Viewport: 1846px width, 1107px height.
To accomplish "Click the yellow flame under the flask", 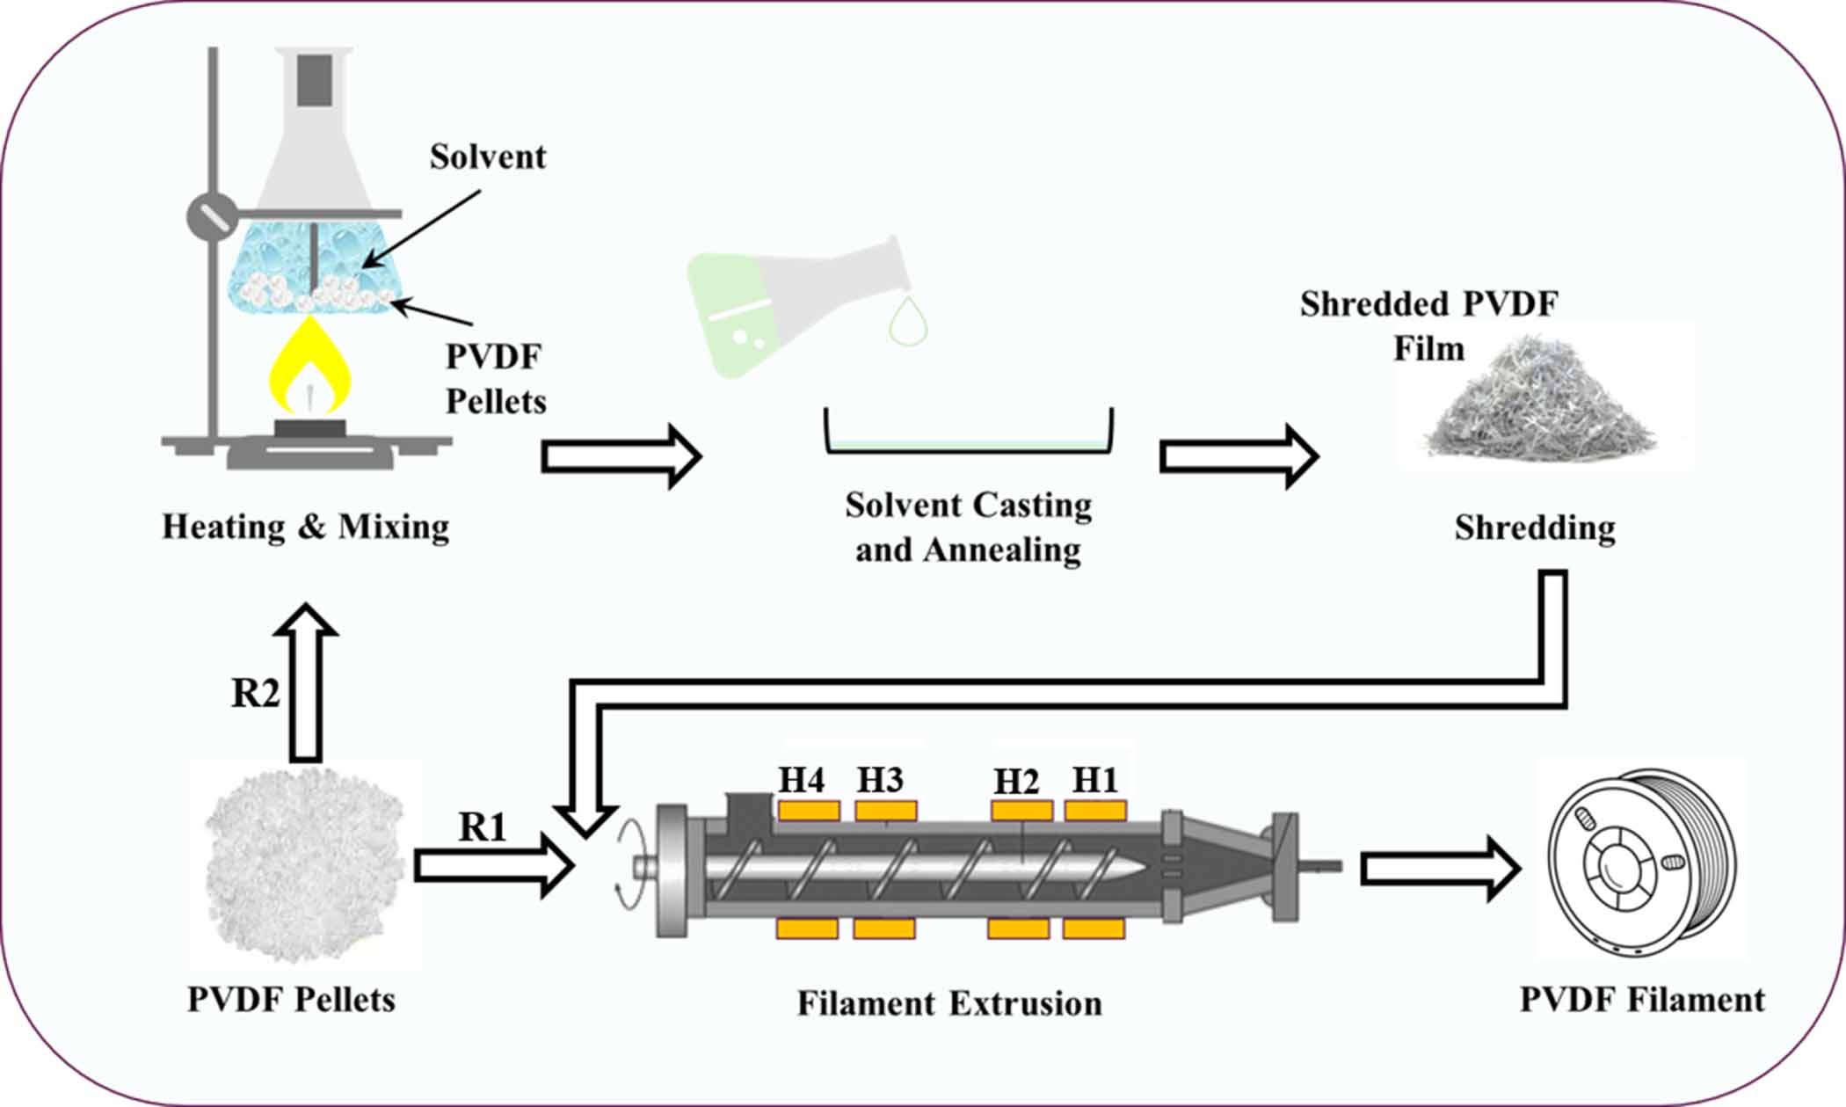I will pyautogui.click(x=309, y=369).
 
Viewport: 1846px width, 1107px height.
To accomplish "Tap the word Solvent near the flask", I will pyautogui.click(x=488, y=157).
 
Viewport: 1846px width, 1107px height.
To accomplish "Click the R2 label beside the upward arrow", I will pyautogui.click(x=255, y=694).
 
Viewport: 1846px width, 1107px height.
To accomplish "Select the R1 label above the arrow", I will pyautogui.click(x=483, y=827).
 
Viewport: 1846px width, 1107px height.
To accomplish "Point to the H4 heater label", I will pyautogui.click(x=802, y=780).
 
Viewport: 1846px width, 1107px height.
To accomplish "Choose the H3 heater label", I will pyautogui.click(x=880, y=780).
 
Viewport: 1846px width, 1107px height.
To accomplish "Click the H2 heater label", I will pyautogui.click(x=1016, y=782).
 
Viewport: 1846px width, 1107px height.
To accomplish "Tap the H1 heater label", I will pyautogui.click(x=1094, y=780).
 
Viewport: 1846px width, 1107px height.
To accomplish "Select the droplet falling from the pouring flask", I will pyautogui.click(x=908, y=323).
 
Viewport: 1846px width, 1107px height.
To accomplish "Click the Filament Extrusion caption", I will pyautogui.click(x=949, y=1004).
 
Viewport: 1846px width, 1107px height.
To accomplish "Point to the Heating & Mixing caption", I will pyautogui.click(x=305, y=528).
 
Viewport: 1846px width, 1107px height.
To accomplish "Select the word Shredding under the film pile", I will pyautogui.click(x=1535, y=528).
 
